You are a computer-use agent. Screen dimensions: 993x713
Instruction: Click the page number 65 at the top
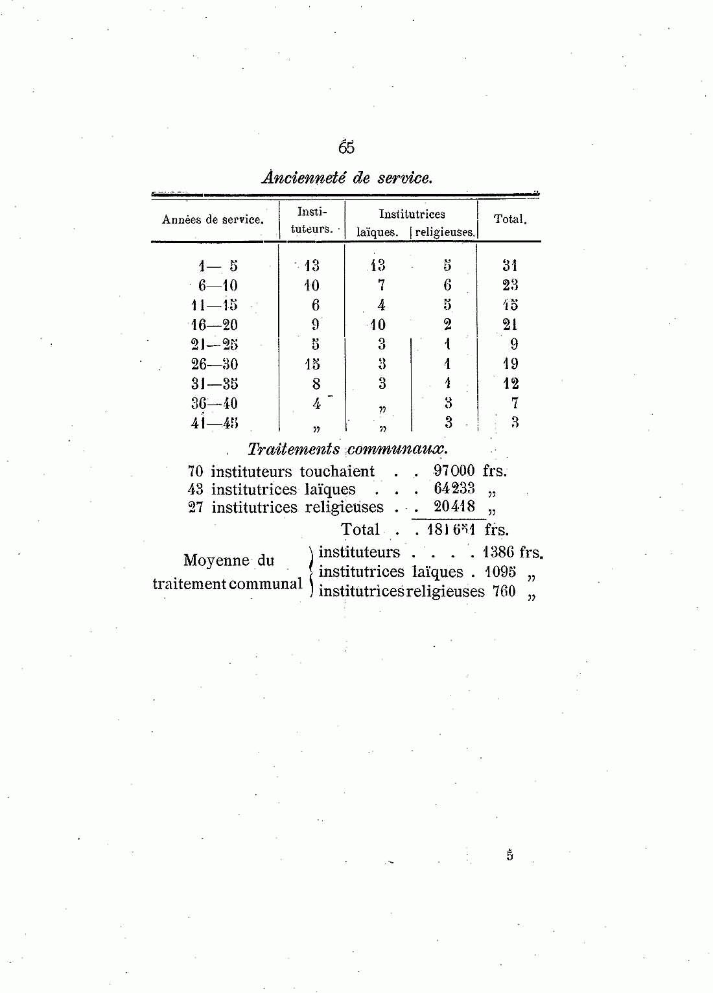[x=346, y=148]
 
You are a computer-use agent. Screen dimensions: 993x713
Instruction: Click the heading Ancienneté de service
[x=347, y=178]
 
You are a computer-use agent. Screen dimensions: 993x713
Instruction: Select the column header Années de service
[x=213, y=220]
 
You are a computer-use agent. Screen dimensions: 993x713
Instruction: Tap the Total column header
[x=510, y=219]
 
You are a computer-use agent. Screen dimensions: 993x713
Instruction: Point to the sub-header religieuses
[x=445, y=232]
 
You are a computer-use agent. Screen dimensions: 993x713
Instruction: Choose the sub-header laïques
[x=377, y=232]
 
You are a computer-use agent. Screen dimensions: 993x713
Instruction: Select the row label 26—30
[x=215, y=364]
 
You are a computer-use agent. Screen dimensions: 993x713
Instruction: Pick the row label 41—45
[x=215, y=423]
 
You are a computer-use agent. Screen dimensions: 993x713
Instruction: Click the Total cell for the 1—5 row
[x=510, y=265]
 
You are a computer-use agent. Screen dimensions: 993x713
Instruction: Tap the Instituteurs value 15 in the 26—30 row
[x=312, y=364]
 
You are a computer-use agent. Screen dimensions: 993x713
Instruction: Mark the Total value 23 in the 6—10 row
[x=510, y=285]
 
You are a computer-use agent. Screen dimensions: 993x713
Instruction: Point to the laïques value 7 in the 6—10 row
[x=382, y=285]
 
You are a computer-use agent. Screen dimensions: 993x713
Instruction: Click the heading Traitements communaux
[x=347, y=449]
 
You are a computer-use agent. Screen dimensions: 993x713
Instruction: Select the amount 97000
[x=454, y=471]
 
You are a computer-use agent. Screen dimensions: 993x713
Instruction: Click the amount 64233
[x=454, y=489]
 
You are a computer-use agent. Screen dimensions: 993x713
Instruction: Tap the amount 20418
[x=454, y=506]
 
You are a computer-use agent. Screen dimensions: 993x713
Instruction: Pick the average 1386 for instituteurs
[x=498, y=552]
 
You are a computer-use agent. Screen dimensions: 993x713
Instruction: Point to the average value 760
[x=504, y=591]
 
